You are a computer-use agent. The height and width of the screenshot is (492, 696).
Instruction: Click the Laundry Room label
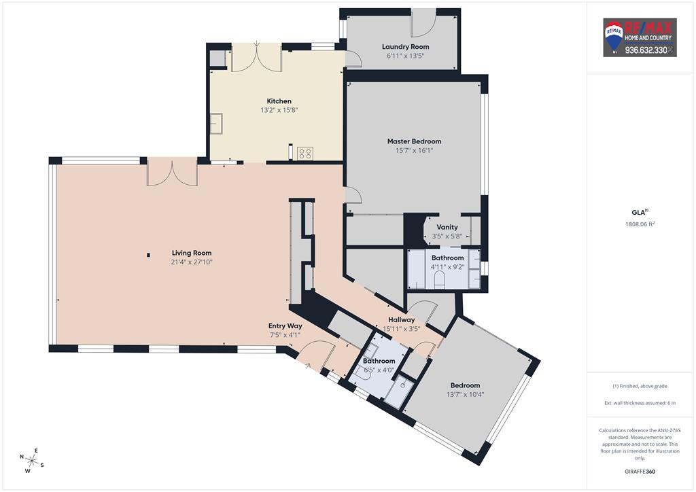(405, 47)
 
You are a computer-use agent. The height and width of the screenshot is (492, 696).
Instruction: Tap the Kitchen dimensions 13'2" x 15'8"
(279, 110)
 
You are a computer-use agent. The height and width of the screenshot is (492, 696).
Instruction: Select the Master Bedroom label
(414, 141)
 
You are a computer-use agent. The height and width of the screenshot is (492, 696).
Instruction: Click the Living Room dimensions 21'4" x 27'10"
(192, 262)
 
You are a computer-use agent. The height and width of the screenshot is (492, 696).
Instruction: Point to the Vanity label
(447, 227)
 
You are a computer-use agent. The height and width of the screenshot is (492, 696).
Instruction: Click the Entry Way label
(285, 326)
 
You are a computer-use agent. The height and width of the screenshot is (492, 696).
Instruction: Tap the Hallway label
(401, 319)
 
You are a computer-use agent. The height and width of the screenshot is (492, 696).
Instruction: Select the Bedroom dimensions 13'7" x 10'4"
(465, 394)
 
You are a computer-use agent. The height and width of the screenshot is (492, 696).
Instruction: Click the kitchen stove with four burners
(305, 154)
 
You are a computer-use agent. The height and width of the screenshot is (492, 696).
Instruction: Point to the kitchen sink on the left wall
(216, 123)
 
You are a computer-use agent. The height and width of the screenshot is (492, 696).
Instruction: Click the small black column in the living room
(148, 255)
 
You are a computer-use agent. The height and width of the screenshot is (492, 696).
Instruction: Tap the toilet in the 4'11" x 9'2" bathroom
(440, 280)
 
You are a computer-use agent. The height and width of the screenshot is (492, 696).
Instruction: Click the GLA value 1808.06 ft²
(640, 224)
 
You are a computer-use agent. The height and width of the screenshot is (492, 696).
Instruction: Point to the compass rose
(31, 461)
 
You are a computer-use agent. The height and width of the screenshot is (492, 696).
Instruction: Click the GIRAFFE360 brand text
(640, 471)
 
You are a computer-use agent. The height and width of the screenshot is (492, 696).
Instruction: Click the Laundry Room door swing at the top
(423, 22)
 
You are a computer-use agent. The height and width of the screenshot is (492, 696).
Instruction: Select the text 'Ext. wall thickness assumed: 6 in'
(640, 403)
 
